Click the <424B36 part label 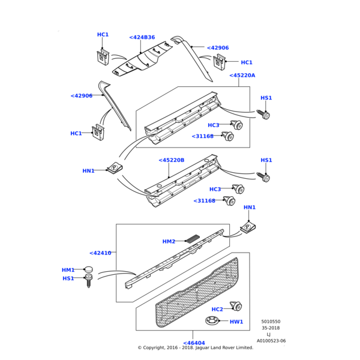click(142, 37)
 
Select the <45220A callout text click(242, 76)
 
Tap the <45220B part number click(172, 160)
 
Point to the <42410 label click(100, 253)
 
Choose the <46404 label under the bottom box click(194, 343)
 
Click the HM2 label click(169, 241)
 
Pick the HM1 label click(68, 270)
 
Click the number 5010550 click(271, 322)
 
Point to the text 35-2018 click(271, 328)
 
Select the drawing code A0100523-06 click(271, 341)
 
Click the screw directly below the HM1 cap click(89, 280)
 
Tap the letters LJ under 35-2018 click(268, 335)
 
